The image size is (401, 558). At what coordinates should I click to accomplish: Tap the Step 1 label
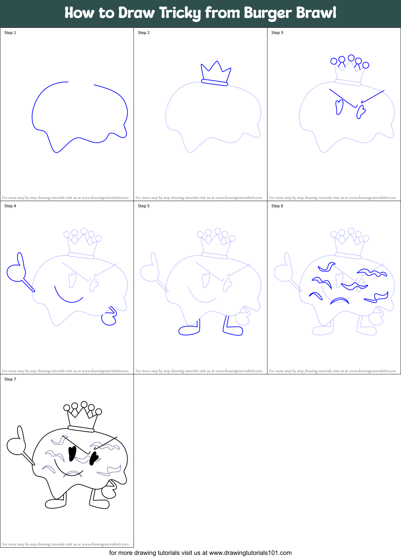coord(10,33)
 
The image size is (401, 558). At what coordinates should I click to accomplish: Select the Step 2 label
coord(144,33)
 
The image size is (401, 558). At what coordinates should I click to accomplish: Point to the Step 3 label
coord(277,33)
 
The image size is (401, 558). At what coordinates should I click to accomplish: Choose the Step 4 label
coord(10,206)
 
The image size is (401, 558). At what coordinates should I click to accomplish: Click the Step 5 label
coord(144,206)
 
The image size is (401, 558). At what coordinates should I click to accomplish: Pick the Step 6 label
coord(277,206)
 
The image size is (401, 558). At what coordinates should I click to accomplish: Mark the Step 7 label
coord(10,379)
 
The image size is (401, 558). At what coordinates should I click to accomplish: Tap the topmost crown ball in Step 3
coord(351,58)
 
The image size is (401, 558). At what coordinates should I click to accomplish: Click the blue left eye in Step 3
coord(339,107)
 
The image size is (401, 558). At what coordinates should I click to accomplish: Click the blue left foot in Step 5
coord(189,330)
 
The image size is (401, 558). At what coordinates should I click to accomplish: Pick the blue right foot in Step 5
coord(233,330)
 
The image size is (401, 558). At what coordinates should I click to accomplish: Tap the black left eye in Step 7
coord(72,453)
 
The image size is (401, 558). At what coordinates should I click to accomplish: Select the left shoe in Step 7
coord(55,504)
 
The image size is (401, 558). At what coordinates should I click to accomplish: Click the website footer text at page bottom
coord(200,553)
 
